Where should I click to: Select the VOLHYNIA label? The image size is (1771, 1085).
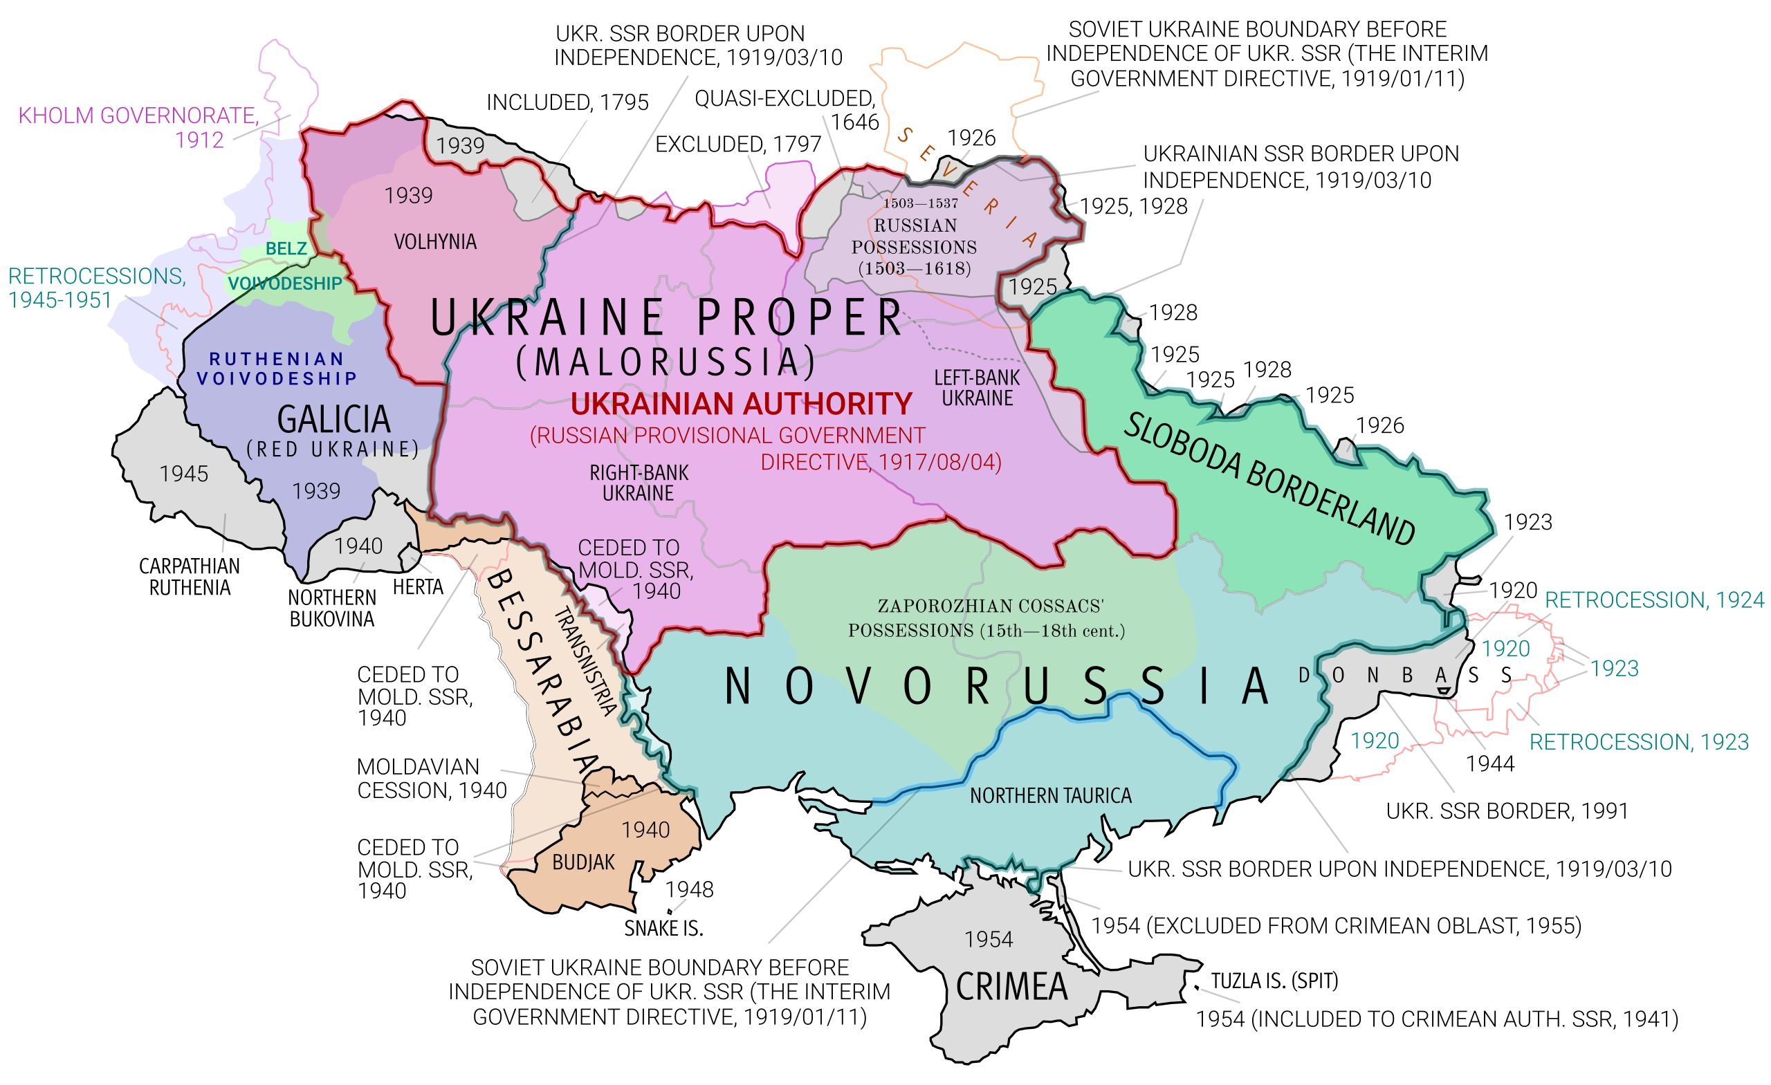(435, 241)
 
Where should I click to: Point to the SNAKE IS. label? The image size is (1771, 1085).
(663, 928)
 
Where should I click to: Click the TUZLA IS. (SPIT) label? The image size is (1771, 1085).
(1274, 981)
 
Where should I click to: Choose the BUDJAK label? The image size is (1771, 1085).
(583, 862)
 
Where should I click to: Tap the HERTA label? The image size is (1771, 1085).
(418, 587)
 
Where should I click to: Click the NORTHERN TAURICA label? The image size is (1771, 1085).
(1050, 795)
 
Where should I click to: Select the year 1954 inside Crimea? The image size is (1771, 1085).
(989, 939)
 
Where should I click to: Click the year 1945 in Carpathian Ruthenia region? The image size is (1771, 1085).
(183, 474)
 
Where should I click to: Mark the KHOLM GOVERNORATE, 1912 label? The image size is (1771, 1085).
(138, 127)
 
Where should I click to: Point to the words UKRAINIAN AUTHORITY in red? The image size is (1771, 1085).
(741, 404)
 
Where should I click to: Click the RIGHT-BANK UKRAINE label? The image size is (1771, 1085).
(639, 483)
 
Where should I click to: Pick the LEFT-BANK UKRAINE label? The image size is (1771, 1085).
(977, 388)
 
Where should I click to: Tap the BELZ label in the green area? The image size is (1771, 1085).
(286, 249)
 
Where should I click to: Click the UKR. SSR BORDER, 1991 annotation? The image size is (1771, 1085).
(1507, 811)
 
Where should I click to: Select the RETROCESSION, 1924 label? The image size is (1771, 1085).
(1654, 600)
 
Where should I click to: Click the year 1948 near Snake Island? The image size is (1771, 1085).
(689, 889)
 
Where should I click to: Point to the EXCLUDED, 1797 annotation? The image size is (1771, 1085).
(737, 144)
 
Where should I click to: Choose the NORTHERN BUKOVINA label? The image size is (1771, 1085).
(331, 608)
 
